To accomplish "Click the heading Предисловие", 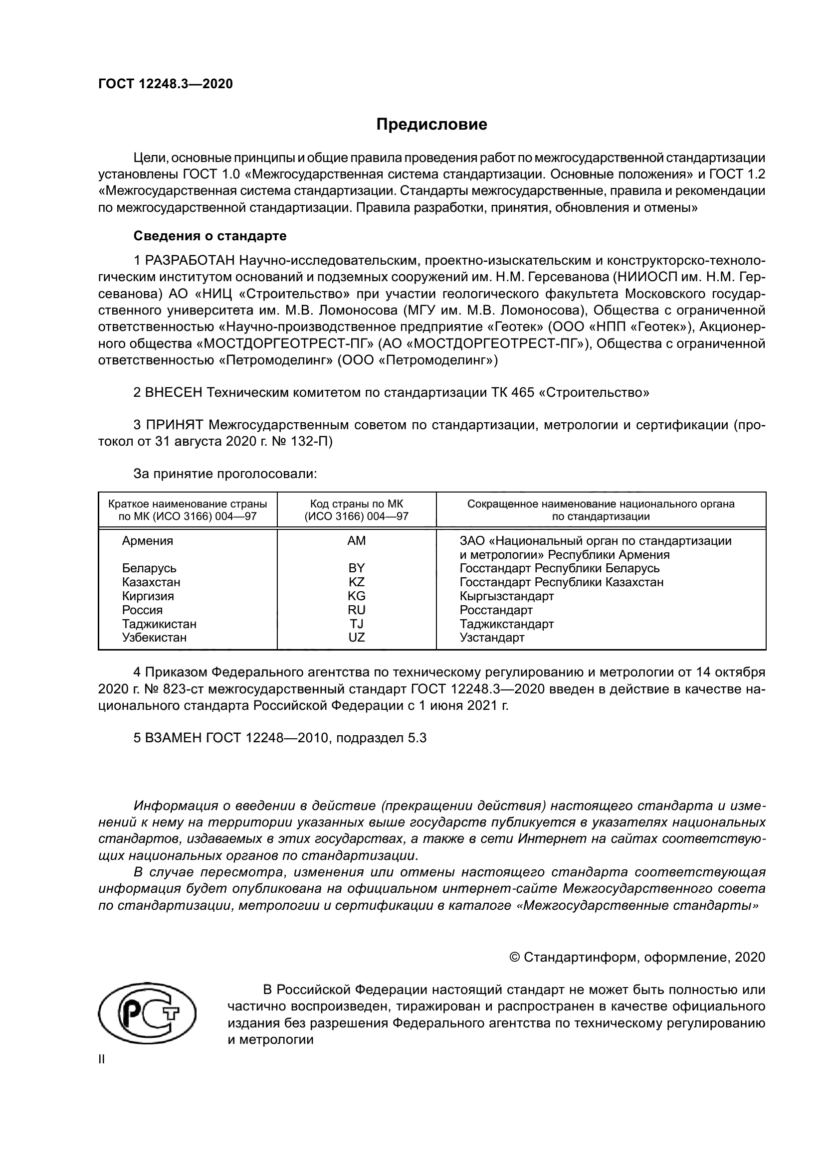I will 431,125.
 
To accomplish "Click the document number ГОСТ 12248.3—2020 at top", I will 166,84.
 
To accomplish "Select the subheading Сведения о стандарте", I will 210,236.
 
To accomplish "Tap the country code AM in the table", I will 356,541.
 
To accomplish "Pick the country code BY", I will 356,568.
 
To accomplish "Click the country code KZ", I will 356,582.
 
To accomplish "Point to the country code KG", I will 356,596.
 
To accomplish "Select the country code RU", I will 356,609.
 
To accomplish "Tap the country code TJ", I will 356,624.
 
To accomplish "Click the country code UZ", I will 356,638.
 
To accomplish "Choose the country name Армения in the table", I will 147,541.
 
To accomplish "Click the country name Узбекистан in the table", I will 154,638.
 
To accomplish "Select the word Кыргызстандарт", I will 506,596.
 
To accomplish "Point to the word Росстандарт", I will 496,609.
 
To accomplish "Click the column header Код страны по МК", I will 356,504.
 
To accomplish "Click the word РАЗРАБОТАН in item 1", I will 190,261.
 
